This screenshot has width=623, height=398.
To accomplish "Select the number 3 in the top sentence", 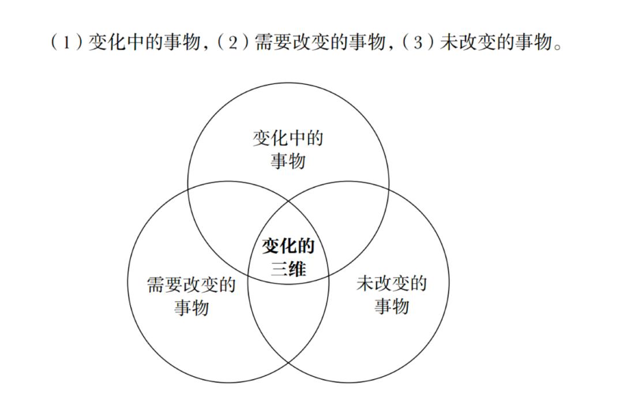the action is (426, 42).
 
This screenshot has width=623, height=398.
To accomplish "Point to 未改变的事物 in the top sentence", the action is (496, 42).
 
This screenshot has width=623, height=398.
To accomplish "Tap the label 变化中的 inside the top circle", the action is (288, 138).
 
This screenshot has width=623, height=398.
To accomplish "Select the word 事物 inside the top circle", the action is (288, 161).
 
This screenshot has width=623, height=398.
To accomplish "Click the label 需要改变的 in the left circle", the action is (191, 284).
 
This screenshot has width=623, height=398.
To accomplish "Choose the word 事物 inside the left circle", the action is (191, 307).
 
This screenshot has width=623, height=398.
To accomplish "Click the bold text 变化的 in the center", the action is (288, 246).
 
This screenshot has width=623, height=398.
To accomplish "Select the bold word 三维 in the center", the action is (288, 269).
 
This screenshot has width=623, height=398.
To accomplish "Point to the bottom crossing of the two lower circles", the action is (288, 362).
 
